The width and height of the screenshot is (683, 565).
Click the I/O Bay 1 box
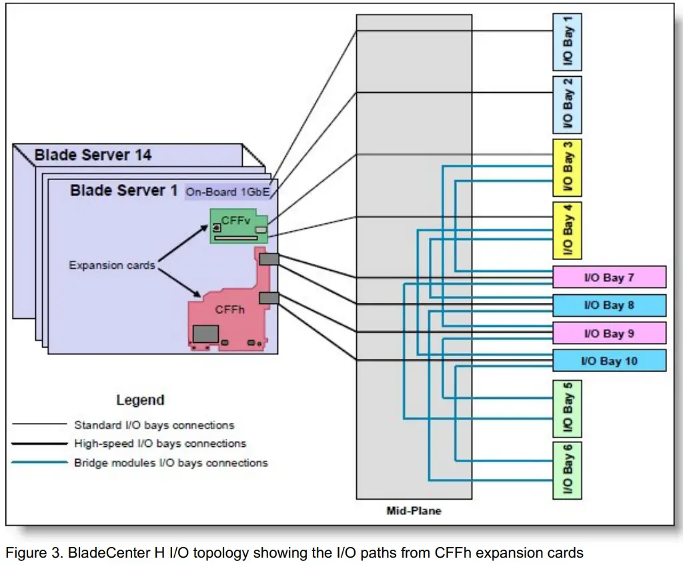pyautogui.click(x=568, y=42)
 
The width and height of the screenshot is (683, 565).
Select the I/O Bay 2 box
pyautogui.click(x=568, y=105)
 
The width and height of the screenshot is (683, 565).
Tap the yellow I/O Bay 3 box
pyautogui.click(x=568, y=167)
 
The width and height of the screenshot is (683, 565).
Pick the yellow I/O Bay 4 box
pyautogui.click(x=568, y=230)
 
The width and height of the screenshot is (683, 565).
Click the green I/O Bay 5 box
pyautogui.click(x=568, y=408)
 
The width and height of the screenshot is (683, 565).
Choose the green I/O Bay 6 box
pyautogui.click(x=568, y=470)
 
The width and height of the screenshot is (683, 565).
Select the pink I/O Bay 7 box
pyautogui.click(x=609, y=277)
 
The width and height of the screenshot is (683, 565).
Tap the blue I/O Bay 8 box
pyautogui.click(x=609, y=306)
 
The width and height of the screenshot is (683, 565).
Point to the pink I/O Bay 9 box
pyautogui.click(x=609, y=333)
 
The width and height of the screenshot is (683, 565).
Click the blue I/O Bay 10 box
pyautogui.click(x=609, y=361)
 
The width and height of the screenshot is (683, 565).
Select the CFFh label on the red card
pyautogui.click(x=229, y=310)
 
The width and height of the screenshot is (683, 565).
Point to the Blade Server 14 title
pyautogui.click(x=93, y=155)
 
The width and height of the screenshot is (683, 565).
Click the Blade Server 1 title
pyautogui.click(x=123, y=190)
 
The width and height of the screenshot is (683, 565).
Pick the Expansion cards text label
pyautogui.click(x=111, y=265)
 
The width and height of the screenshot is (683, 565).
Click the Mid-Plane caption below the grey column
pyautogui.click(x=414, y=511)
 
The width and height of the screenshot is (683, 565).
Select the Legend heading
pyautogui.click(x=140, y=400)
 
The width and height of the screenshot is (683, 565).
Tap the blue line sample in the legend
pyautogui.click(x=39, y=462)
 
